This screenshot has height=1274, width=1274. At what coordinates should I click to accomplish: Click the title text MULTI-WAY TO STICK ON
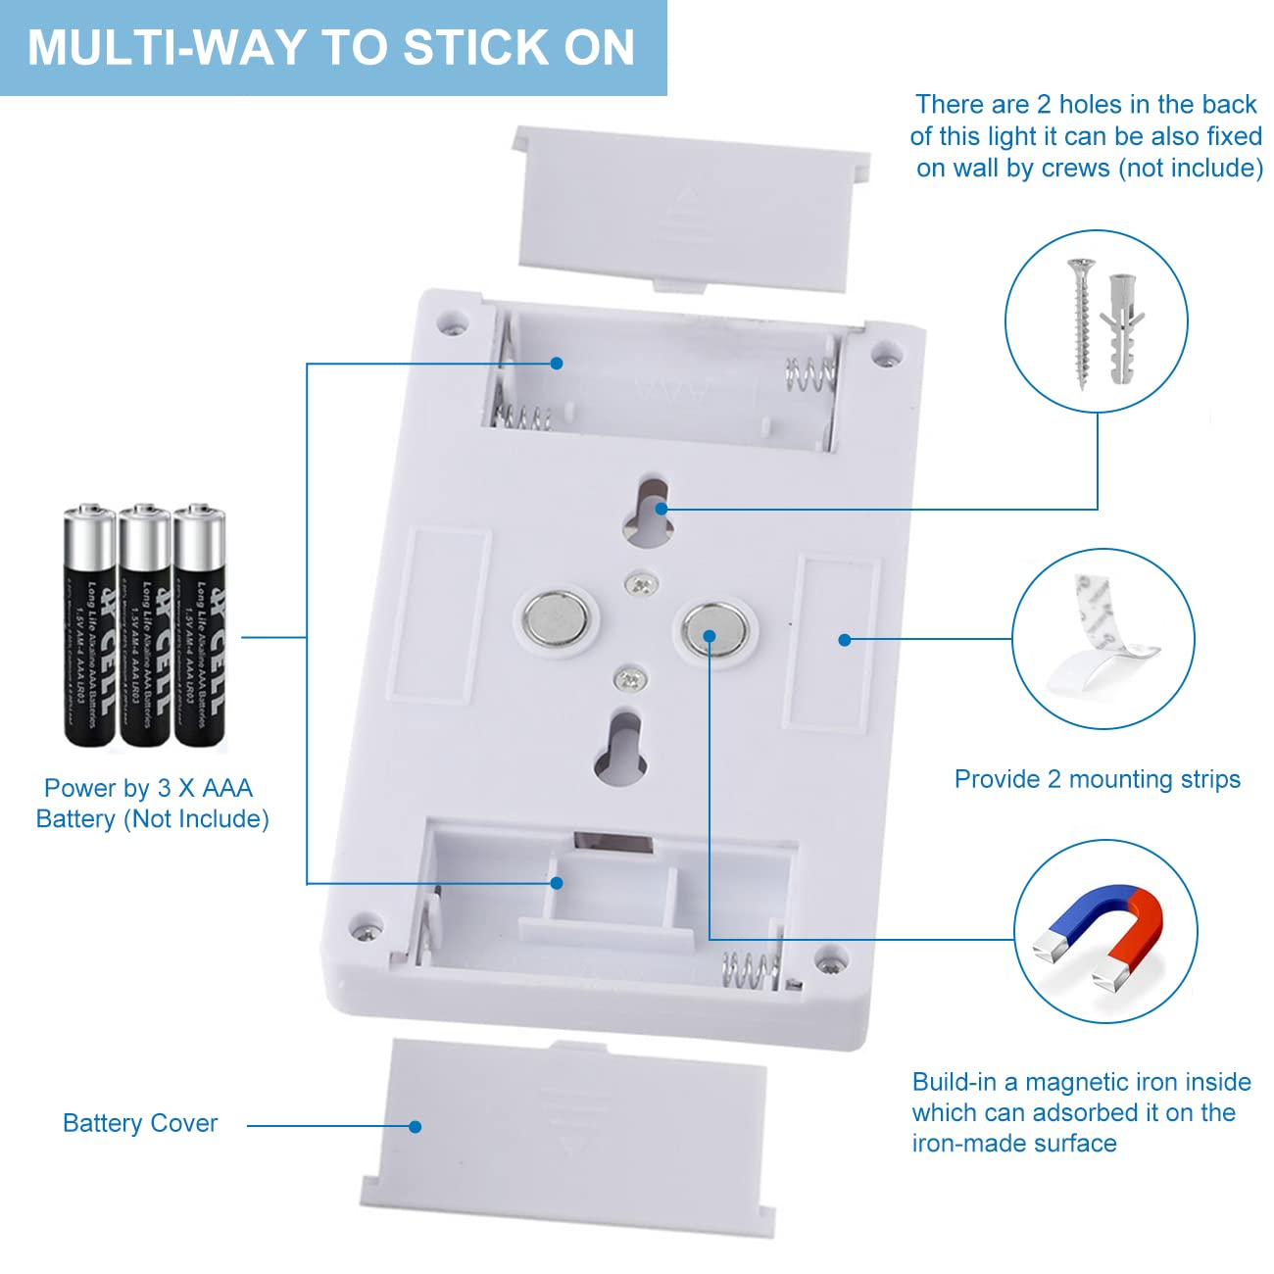point(331,48)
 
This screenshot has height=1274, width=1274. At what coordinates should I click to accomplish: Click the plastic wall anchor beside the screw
point(1121,327)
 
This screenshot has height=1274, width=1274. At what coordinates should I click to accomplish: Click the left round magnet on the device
point(556,619)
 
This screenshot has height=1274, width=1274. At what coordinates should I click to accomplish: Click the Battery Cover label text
point(140,1123)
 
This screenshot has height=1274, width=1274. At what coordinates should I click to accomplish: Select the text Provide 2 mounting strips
point(1097,779)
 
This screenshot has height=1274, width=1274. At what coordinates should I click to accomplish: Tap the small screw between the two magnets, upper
point(641,584)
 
